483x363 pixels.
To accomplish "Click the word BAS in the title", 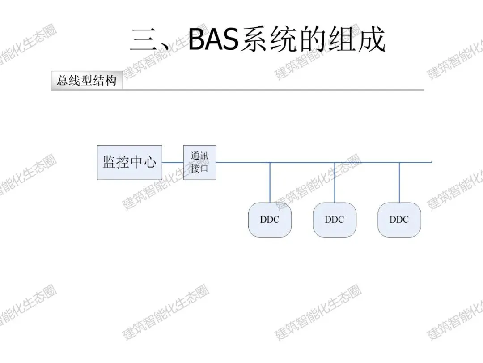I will point(214,39).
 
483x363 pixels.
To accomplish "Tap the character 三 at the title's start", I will point(144,40).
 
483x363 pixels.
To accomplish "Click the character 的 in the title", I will point(313,40).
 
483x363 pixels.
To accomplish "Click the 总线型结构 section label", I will point(87,81).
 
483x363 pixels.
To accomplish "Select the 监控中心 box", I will point(130,162).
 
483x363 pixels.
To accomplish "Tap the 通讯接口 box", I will point(199,162).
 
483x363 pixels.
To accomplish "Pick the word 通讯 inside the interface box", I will point(199,156).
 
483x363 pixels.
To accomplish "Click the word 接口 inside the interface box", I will point(199,169).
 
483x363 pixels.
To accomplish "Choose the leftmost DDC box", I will point(270,220).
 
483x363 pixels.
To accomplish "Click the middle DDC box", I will point(335,220).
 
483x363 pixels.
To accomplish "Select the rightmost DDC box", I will point(399,220).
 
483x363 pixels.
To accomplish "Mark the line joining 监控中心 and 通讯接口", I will point(173,162).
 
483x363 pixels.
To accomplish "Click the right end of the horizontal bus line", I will point(430,162).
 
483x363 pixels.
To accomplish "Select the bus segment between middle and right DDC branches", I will point(367,162).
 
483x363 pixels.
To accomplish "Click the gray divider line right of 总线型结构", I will point(273,90).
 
